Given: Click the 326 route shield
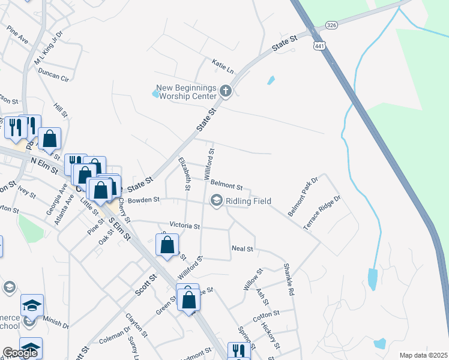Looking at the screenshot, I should pyautogui.click(x=331, y=25).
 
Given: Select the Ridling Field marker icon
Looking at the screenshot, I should pyautogui.click(x=216, y=200).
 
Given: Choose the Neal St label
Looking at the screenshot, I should pyautogui.click(x=243, y=248).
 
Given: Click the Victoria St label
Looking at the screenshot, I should pyautogui.click(x=184, y=226).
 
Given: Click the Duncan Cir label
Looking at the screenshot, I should pyautogui.click(x=53, y=74).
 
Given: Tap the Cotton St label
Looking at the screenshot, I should pyautogui.click(x=267, y=314).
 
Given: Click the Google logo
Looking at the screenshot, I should pyautogui.click(x=20, y=352).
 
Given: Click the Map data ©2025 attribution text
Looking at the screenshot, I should pyautogui.click(x=423, y=355).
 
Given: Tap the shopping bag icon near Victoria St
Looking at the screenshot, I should pyautogui.click(x=167, y=244).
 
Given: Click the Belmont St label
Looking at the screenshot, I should pyautogui.click(x=227, y=187).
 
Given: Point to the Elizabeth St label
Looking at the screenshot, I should pyautogui.click(x=185, y=174).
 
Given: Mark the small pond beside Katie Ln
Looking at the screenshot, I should pyautogui.click(x=271, y=80).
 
